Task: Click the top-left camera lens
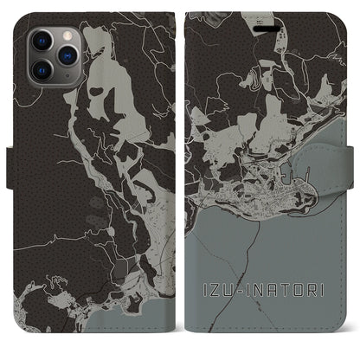[43, 42]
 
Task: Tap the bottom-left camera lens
[43, 68]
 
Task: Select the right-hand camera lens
[66, 55]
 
